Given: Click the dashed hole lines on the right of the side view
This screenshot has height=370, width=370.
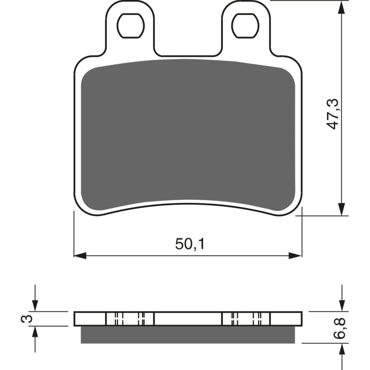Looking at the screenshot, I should (x=246, y=319).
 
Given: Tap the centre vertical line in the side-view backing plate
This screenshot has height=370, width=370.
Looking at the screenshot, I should (x=154, y=319).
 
